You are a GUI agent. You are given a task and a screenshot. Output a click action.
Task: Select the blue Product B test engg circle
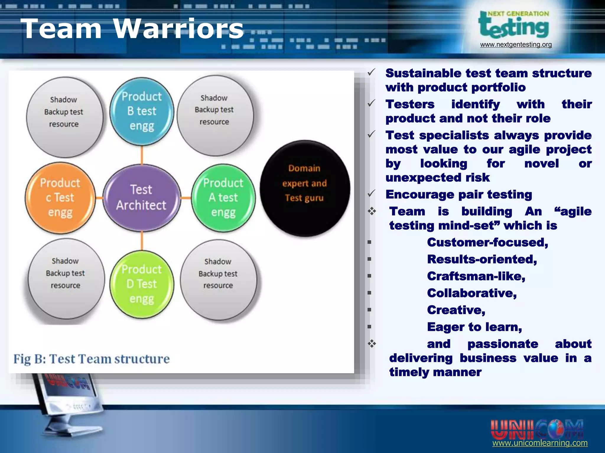coord(142,111)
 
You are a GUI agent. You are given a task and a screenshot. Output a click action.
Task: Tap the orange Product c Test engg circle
coord(60,198)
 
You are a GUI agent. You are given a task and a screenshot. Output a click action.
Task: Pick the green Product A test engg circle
coord(223,198)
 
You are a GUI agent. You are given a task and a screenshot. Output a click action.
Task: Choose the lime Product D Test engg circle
coord(142,284)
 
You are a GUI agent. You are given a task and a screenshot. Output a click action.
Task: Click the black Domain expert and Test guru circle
coord(305,188)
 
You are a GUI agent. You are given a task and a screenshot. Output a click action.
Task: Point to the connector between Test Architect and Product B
coord(142,155)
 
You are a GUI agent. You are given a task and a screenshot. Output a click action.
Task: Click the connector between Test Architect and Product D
coord(142,240)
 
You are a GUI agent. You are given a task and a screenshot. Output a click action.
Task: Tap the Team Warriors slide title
coord(132,29)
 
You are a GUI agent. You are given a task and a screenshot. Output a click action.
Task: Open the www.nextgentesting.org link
coord(516,45)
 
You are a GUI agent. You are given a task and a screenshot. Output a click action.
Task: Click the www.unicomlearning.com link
coord(540,443)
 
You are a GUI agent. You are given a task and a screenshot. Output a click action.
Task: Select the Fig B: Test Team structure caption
coord(92,359)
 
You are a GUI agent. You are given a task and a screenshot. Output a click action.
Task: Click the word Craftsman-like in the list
coord(476,276)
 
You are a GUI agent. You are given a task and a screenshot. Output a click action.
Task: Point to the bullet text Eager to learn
coord(474,327)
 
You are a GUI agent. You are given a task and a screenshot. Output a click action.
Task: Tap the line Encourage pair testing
coord(458,195)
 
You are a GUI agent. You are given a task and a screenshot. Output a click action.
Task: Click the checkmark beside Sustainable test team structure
coord(371,72)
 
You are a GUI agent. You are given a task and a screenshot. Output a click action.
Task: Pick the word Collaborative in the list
coord(472,293)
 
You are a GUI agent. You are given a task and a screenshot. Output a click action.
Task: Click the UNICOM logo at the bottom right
coord(537,429)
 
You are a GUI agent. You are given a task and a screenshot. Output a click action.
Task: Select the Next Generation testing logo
coord(514,25)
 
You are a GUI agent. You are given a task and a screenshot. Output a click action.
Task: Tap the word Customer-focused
coord(487,242)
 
